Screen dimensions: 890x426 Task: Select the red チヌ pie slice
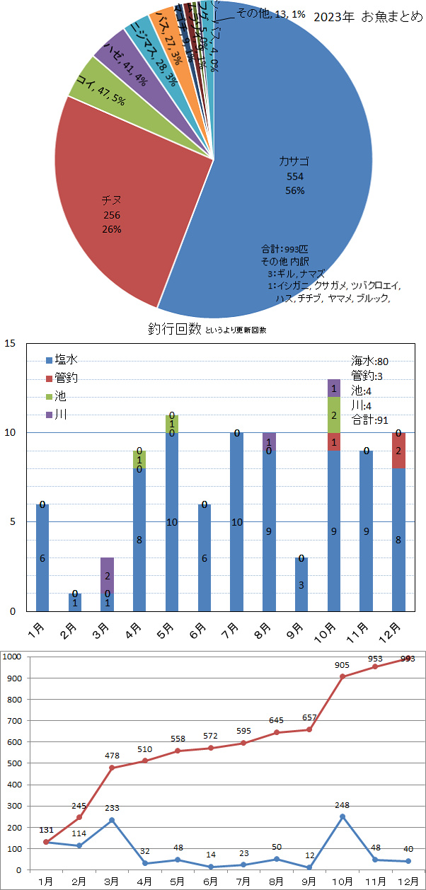pyautogui.click(x=113, y=212)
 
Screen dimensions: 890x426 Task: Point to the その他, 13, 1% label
pyautogui.click(x=270, y=13)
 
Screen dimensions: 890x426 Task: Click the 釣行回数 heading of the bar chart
pyautogui.click(x=175, y=329)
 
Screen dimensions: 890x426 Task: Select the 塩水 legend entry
pyautogui.click(x=63, y=360)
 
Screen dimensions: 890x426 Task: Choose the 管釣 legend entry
pyautogui.click(x=63, y=378)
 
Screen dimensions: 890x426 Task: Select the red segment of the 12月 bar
pyautogui.click(x=399, y=450)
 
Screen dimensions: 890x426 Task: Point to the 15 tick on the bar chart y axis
pyautogui.click(x=10, y=344)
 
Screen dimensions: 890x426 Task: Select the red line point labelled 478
pyautogui.click(x=112, y=768)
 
